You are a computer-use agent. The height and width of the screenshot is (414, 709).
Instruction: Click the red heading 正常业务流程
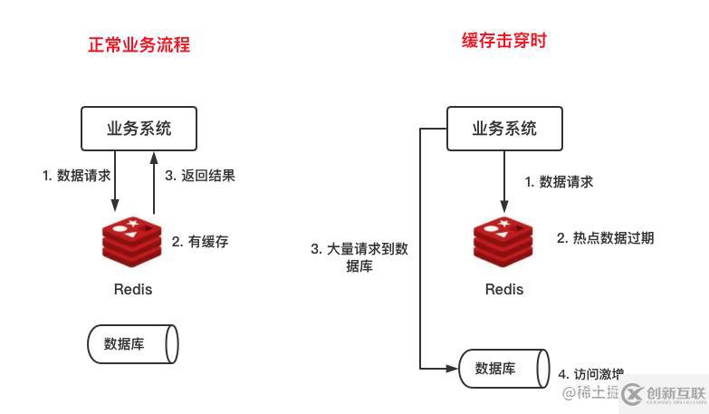139,44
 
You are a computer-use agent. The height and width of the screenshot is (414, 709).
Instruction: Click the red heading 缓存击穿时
503,41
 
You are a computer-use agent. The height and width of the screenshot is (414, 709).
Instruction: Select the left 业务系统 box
139,129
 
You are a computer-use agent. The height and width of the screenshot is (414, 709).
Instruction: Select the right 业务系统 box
503,129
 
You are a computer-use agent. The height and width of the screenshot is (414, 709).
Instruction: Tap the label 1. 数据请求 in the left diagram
77,176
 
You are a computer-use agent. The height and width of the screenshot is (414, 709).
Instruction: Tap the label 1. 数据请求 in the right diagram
559,182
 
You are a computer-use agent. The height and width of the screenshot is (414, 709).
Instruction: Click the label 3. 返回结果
200,176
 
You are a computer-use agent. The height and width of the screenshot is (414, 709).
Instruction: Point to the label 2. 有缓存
200,242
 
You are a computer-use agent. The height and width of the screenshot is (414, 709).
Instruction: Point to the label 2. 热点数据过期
605,238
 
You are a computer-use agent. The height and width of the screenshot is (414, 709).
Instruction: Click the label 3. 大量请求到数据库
359,257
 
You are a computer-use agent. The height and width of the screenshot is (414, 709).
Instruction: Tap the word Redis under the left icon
132,290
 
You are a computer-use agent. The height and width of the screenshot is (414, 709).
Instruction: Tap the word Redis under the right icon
503,290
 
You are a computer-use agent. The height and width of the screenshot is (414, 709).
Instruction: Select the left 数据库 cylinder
132,344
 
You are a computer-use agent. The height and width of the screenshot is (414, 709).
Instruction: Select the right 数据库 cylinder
503,368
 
